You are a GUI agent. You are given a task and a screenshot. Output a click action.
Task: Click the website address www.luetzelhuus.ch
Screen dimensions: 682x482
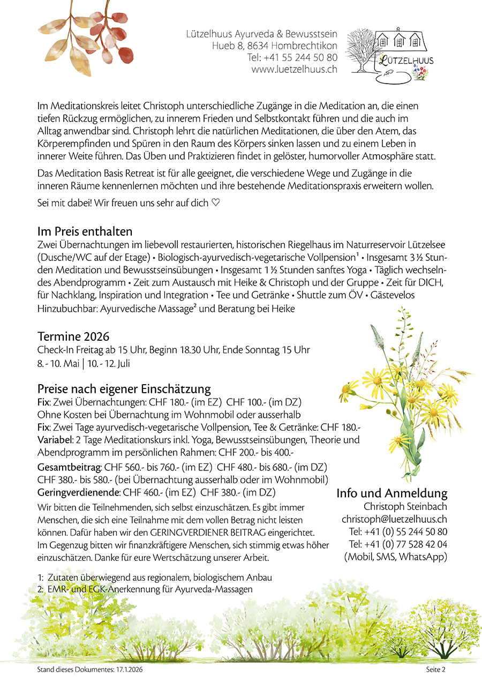click(294, 69)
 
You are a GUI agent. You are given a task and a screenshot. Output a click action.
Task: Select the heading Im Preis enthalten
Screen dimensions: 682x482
click(85, 231)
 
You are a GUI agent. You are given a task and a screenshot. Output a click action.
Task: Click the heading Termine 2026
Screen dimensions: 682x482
click(73, 336)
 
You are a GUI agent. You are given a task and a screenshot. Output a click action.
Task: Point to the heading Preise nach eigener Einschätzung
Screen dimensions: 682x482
click(124, 388)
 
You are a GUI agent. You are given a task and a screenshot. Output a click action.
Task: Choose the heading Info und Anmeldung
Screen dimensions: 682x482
click(391, 493)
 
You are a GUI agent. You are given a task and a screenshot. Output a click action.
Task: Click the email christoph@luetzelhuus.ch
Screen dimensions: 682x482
click(394, 519)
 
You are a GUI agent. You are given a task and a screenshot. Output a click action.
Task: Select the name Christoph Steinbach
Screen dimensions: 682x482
click(405, 506)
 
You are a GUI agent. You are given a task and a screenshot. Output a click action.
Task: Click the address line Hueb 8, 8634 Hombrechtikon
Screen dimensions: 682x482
click(274, 45)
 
